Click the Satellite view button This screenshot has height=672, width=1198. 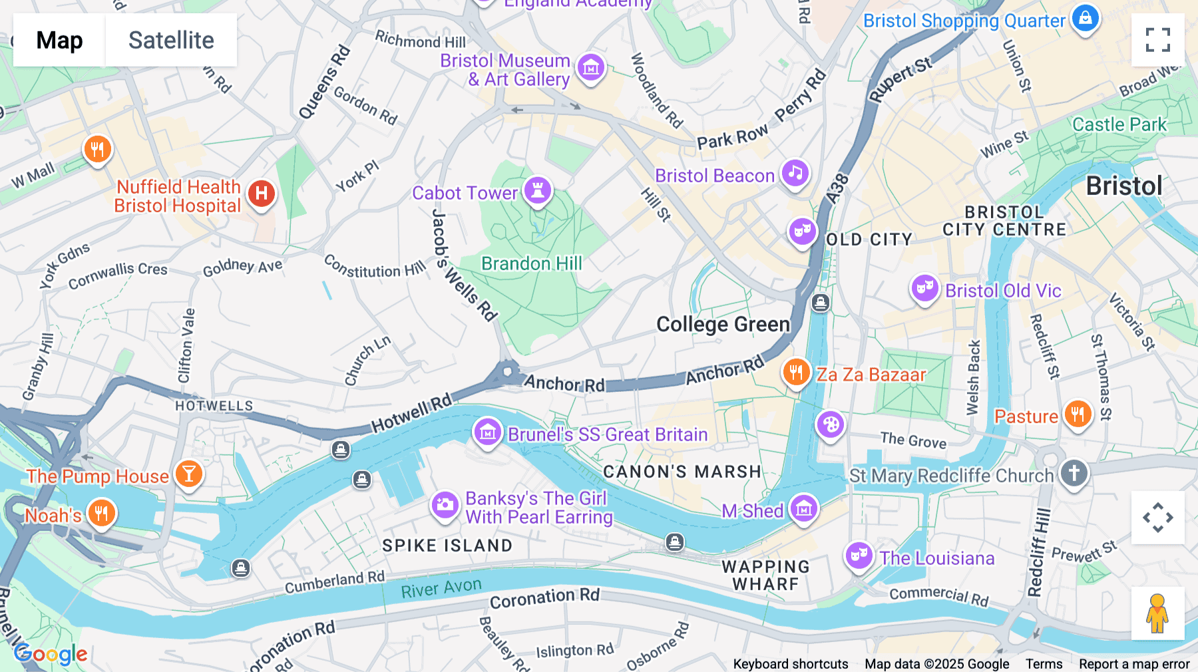(x=171, y=40)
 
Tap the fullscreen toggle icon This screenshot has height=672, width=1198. (x=1157, y=40)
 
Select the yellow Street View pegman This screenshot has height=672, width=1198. (x=1157, y=613)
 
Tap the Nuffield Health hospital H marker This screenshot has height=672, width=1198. (x=262, y=194)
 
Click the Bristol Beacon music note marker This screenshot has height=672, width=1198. (x=795, y=173)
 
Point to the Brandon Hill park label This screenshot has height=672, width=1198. (x=531, y=263)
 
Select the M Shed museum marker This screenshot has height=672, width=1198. (x=803, y=509)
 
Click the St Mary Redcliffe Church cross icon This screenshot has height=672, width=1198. (x=1074, y=473)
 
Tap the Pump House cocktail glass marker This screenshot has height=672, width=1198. (x=189, y=474)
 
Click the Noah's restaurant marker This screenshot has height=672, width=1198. (x=101, y=513)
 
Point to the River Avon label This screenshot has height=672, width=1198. (x=441, y=588)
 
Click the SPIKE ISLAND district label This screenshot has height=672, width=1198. (x=447, y=546)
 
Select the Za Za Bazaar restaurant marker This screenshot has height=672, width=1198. (x=796, y=372)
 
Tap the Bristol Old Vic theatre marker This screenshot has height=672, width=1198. (x=924, y=288)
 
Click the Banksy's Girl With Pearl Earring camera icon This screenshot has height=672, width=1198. (x=445, y=505)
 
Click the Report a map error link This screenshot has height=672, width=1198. (x=1133, y=664)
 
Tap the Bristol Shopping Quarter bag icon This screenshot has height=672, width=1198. (x=1085, y=18)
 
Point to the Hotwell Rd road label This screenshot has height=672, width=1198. (x=411, y=413)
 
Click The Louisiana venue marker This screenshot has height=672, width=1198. (x=859, y=555)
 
